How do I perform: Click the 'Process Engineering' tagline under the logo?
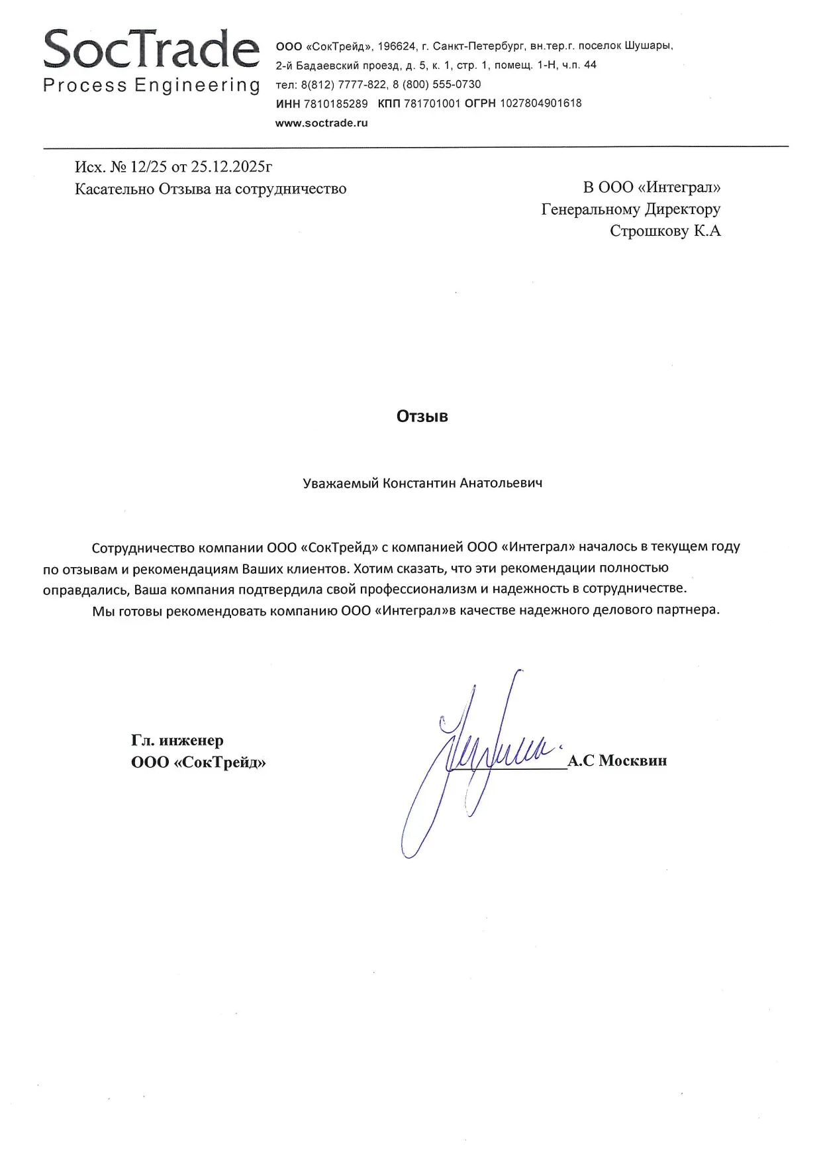tap(151, 85)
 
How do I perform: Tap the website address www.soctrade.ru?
tap(321, 123)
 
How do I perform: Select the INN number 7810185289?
tap(336, 103)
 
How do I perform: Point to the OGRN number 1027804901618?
tap(540, 103)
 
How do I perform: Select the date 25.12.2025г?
tap(231, 166)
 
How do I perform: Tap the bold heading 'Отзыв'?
tap(422, 416)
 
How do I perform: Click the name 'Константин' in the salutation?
tap(419, 483)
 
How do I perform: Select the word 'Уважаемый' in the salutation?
tap(340, 483)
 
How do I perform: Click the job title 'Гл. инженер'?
tap(177, 740)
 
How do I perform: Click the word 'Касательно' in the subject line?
tap(114, 189)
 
